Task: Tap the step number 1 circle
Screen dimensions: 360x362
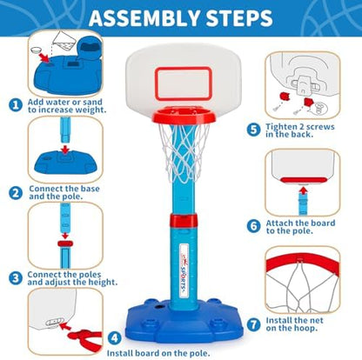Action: [x=15, y=105]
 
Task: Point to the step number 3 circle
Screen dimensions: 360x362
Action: [x=15, y=278]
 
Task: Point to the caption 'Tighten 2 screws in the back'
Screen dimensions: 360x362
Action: [x=305, y=130]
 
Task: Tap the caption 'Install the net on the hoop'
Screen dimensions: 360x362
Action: [x=304, y=325]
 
